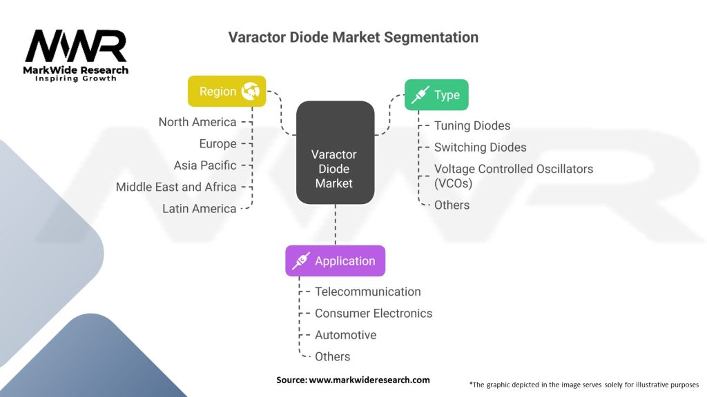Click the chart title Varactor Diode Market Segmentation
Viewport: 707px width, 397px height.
click(353, 37)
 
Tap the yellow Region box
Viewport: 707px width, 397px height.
click(226, 92)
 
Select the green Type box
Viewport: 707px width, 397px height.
click(436, 95)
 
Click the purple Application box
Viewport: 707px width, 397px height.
click(335, 261)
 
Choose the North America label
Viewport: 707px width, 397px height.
click(197, 122)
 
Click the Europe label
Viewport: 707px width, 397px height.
click(218, 144)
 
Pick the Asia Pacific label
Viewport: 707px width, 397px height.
click(205, 165)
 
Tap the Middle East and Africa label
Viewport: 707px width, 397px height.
click(176, 187)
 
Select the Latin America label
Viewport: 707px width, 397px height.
click(200, 208)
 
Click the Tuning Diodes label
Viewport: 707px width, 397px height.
click(472, 125)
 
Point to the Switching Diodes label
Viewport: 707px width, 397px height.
click(480, 147)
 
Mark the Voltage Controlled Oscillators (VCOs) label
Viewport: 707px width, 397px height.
click(513, 176)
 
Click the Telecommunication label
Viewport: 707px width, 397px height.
click(367, 292)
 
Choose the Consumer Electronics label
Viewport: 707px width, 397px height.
click(374, 313)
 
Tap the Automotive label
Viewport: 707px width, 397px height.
click(345, 335)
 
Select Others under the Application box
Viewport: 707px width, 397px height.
click(333, 356)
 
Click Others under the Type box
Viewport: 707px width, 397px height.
click(452, 205)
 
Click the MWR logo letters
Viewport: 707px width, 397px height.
click(76, 45)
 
